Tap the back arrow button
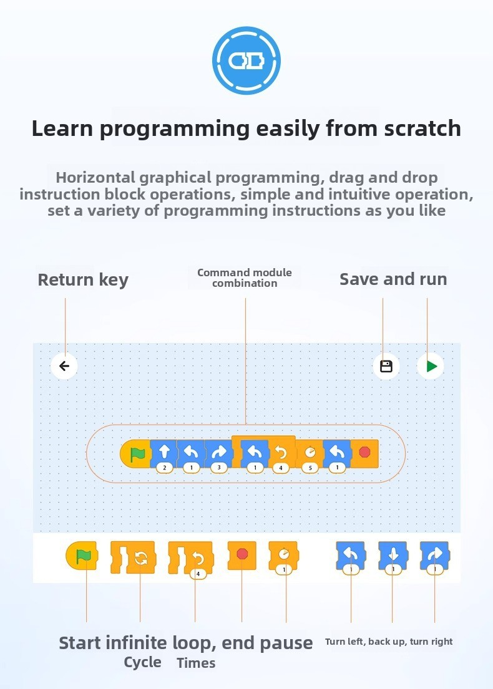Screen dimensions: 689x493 click(x=64, y=366)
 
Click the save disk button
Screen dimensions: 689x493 click(x=386, y=366)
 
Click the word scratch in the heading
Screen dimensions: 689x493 click(x=422, y=128)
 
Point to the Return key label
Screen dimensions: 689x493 click(x=83, y=279)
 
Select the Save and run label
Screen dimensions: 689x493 click(x=393, y=279)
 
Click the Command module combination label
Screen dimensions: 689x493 click(x=245, y=277)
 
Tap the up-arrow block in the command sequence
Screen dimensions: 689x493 click(x=165, y=452)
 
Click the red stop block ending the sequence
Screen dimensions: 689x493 click(x=366, y=452)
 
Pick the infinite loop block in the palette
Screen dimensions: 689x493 click(x=133, y=556)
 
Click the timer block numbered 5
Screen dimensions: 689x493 click(x=310, y=452)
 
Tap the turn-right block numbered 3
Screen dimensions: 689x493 click(x=218, y=452)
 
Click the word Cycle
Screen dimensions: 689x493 click(x=142, y=662)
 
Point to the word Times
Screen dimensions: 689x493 click(x=196, y=663)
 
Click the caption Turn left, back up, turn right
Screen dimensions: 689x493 click(x=389, y=642)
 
